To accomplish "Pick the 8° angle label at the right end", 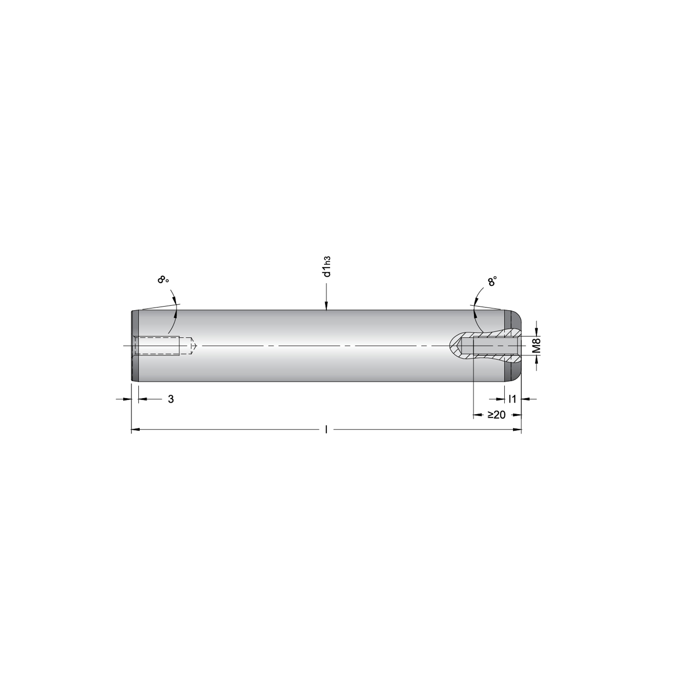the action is (x=492, y=282).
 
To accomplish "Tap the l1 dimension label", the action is (x=512, y=399).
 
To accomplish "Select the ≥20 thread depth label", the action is (x=497, y=415).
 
